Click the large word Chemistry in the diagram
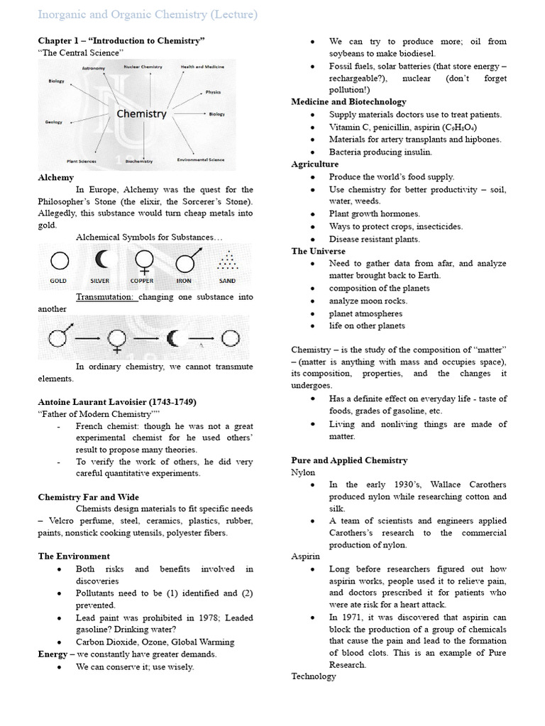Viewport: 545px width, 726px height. (x=141, y=113)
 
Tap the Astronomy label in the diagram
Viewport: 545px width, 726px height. (x=93, y=68)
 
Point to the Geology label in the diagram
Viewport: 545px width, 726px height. (x=54, y=122)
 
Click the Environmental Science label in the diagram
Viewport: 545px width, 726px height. (x=201, y=160)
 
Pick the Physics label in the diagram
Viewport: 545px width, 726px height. (x=213, y=92)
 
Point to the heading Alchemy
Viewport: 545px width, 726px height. (x=55, y=178)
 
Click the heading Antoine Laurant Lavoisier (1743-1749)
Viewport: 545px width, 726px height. (x=116, y=402)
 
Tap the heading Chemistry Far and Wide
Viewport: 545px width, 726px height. (x=88, y=497)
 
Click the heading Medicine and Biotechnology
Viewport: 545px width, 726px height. (x=348, y=102)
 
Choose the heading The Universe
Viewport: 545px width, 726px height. (x=318, y=251)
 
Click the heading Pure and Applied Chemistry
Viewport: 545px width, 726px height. (x=349, y=460)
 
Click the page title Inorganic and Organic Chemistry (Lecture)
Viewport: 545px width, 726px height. (x=148, y=14)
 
